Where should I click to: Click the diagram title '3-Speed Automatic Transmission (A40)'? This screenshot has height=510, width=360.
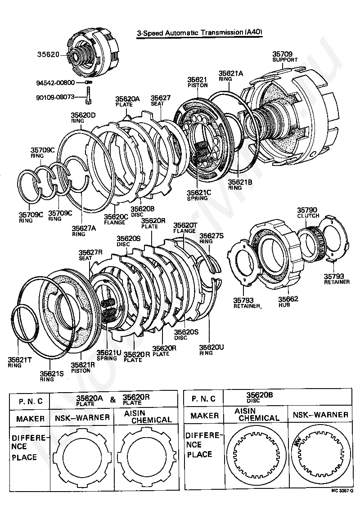pyautogui.click(x=199, y=32)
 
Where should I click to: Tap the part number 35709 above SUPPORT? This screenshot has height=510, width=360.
pyautogui.click(x=282, y=54)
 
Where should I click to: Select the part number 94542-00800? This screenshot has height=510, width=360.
pyautogui.click(x=55, y=83)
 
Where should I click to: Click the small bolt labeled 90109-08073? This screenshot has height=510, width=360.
pyautogui.click(x=88, y=97)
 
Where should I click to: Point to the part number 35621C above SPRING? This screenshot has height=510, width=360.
pyautogui.click(x=198, y=192)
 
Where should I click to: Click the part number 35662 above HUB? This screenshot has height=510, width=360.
pyautogui.click(x=288, y=299)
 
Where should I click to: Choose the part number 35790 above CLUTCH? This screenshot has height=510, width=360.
pyautogui.click(x=307, y=210)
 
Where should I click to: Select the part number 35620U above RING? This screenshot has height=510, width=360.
pyautogui.click(x=211, y=347)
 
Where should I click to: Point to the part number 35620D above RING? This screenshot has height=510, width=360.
pyautogui.click(x=83, y=115)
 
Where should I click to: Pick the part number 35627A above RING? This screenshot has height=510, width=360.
pyautogui.click(x=84, y=228)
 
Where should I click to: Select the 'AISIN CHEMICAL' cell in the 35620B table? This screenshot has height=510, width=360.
pyautogui.click(x=256, y=414)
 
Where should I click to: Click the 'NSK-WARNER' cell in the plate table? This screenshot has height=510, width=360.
pyautogui.click(x=82, y=417)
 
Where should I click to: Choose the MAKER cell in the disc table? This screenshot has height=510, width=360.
pyautogui.click(x=204, y=416)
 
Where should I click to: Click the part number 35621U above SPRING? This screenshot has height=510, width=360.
pyautogui.click(x=109, y=353)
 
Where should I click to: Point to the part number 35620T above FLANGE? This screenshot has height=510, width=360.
pyautogui.click(x=185, y=225)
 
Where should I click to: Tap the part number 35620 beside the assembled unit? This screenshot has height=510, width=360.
pyautogui.click(x=48, y=54)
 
